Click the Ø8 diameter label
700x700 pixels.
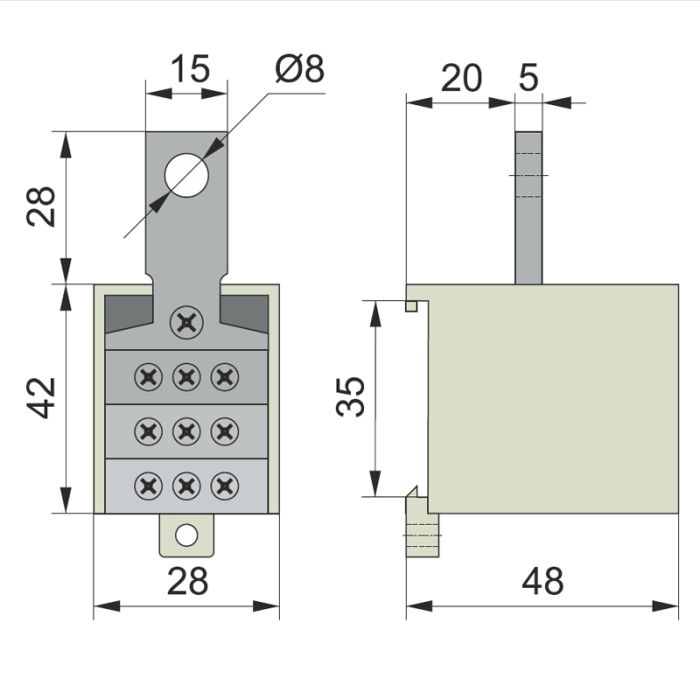(x=300, y=69)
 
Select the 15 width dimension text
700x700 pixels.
(x=190, y=69)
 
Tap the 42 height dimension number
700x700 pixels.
(x=41, y=398)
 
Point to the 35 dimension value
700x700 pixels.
(x=350, y=397)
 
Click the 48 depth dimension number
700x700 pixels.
(x=542, y=581)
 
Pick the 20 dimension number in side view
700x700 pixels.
(x=462, y=78)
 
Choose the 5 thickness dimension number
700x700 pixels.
(x=529, y=78)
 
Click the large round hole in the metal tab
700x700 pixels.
(x=187, y=175)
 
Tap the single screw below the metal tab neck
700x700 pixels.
(x=187, y=322)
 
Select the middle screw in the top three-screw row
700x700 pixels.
(x=187, y=377)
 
